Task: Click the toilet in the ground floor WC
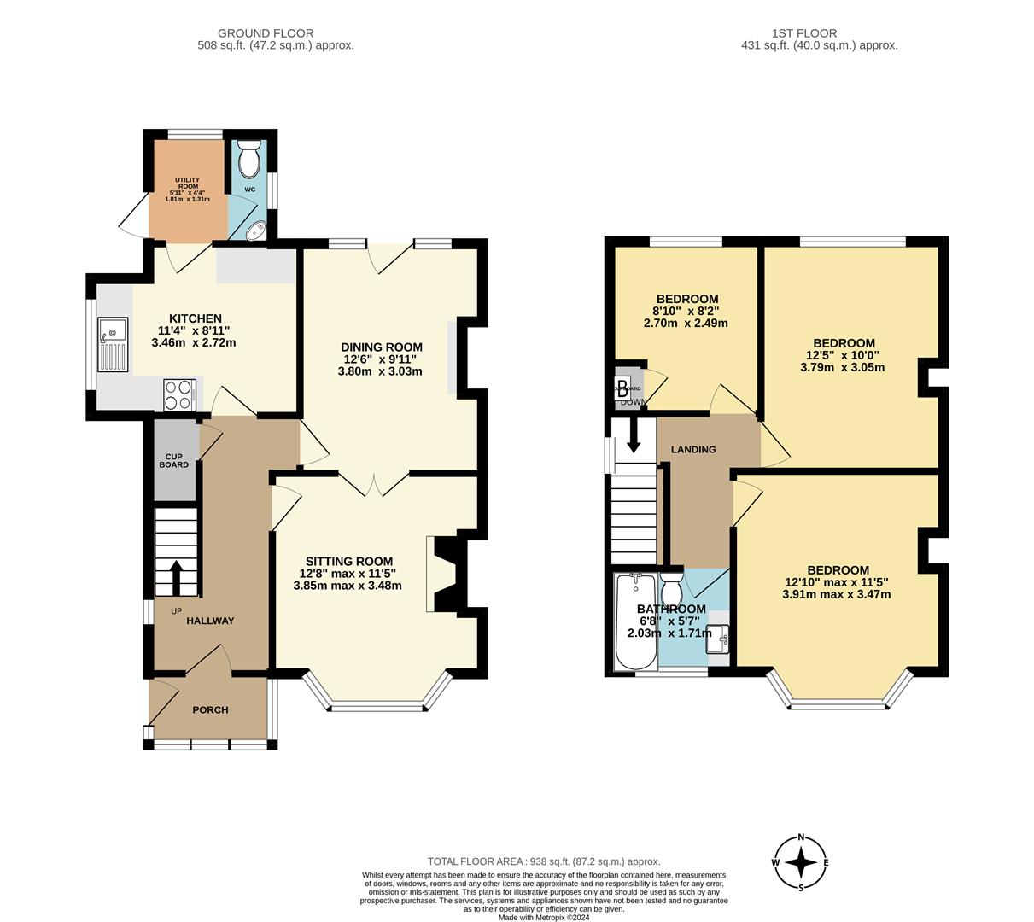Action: [248, 159]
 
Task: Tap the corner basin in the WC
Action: [255, 230]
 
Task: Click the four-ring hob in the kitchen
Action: [180, 395]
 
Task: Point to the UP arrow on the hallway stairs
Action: [177, 577]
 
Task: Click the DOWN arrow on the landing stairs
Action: [634, 435]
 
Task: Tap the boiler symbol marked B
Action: [623, 382]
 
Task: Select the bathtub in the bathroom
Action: [635, 621]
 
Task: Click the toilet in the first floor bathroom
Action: [672, 588]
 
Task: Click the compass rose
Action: [801, 863]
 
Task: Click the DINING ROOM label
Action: [382, 347]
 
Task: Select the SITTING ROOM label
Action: [349, 561]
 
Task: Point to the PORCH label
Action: [210, 709]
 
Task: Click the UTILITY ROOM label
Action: [187, 183]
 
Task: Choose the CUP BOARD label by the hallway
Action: [174, 460]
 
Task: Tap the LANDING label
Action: [693, 449]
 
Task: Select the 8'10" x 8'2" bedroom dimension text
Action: [685, 312]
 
